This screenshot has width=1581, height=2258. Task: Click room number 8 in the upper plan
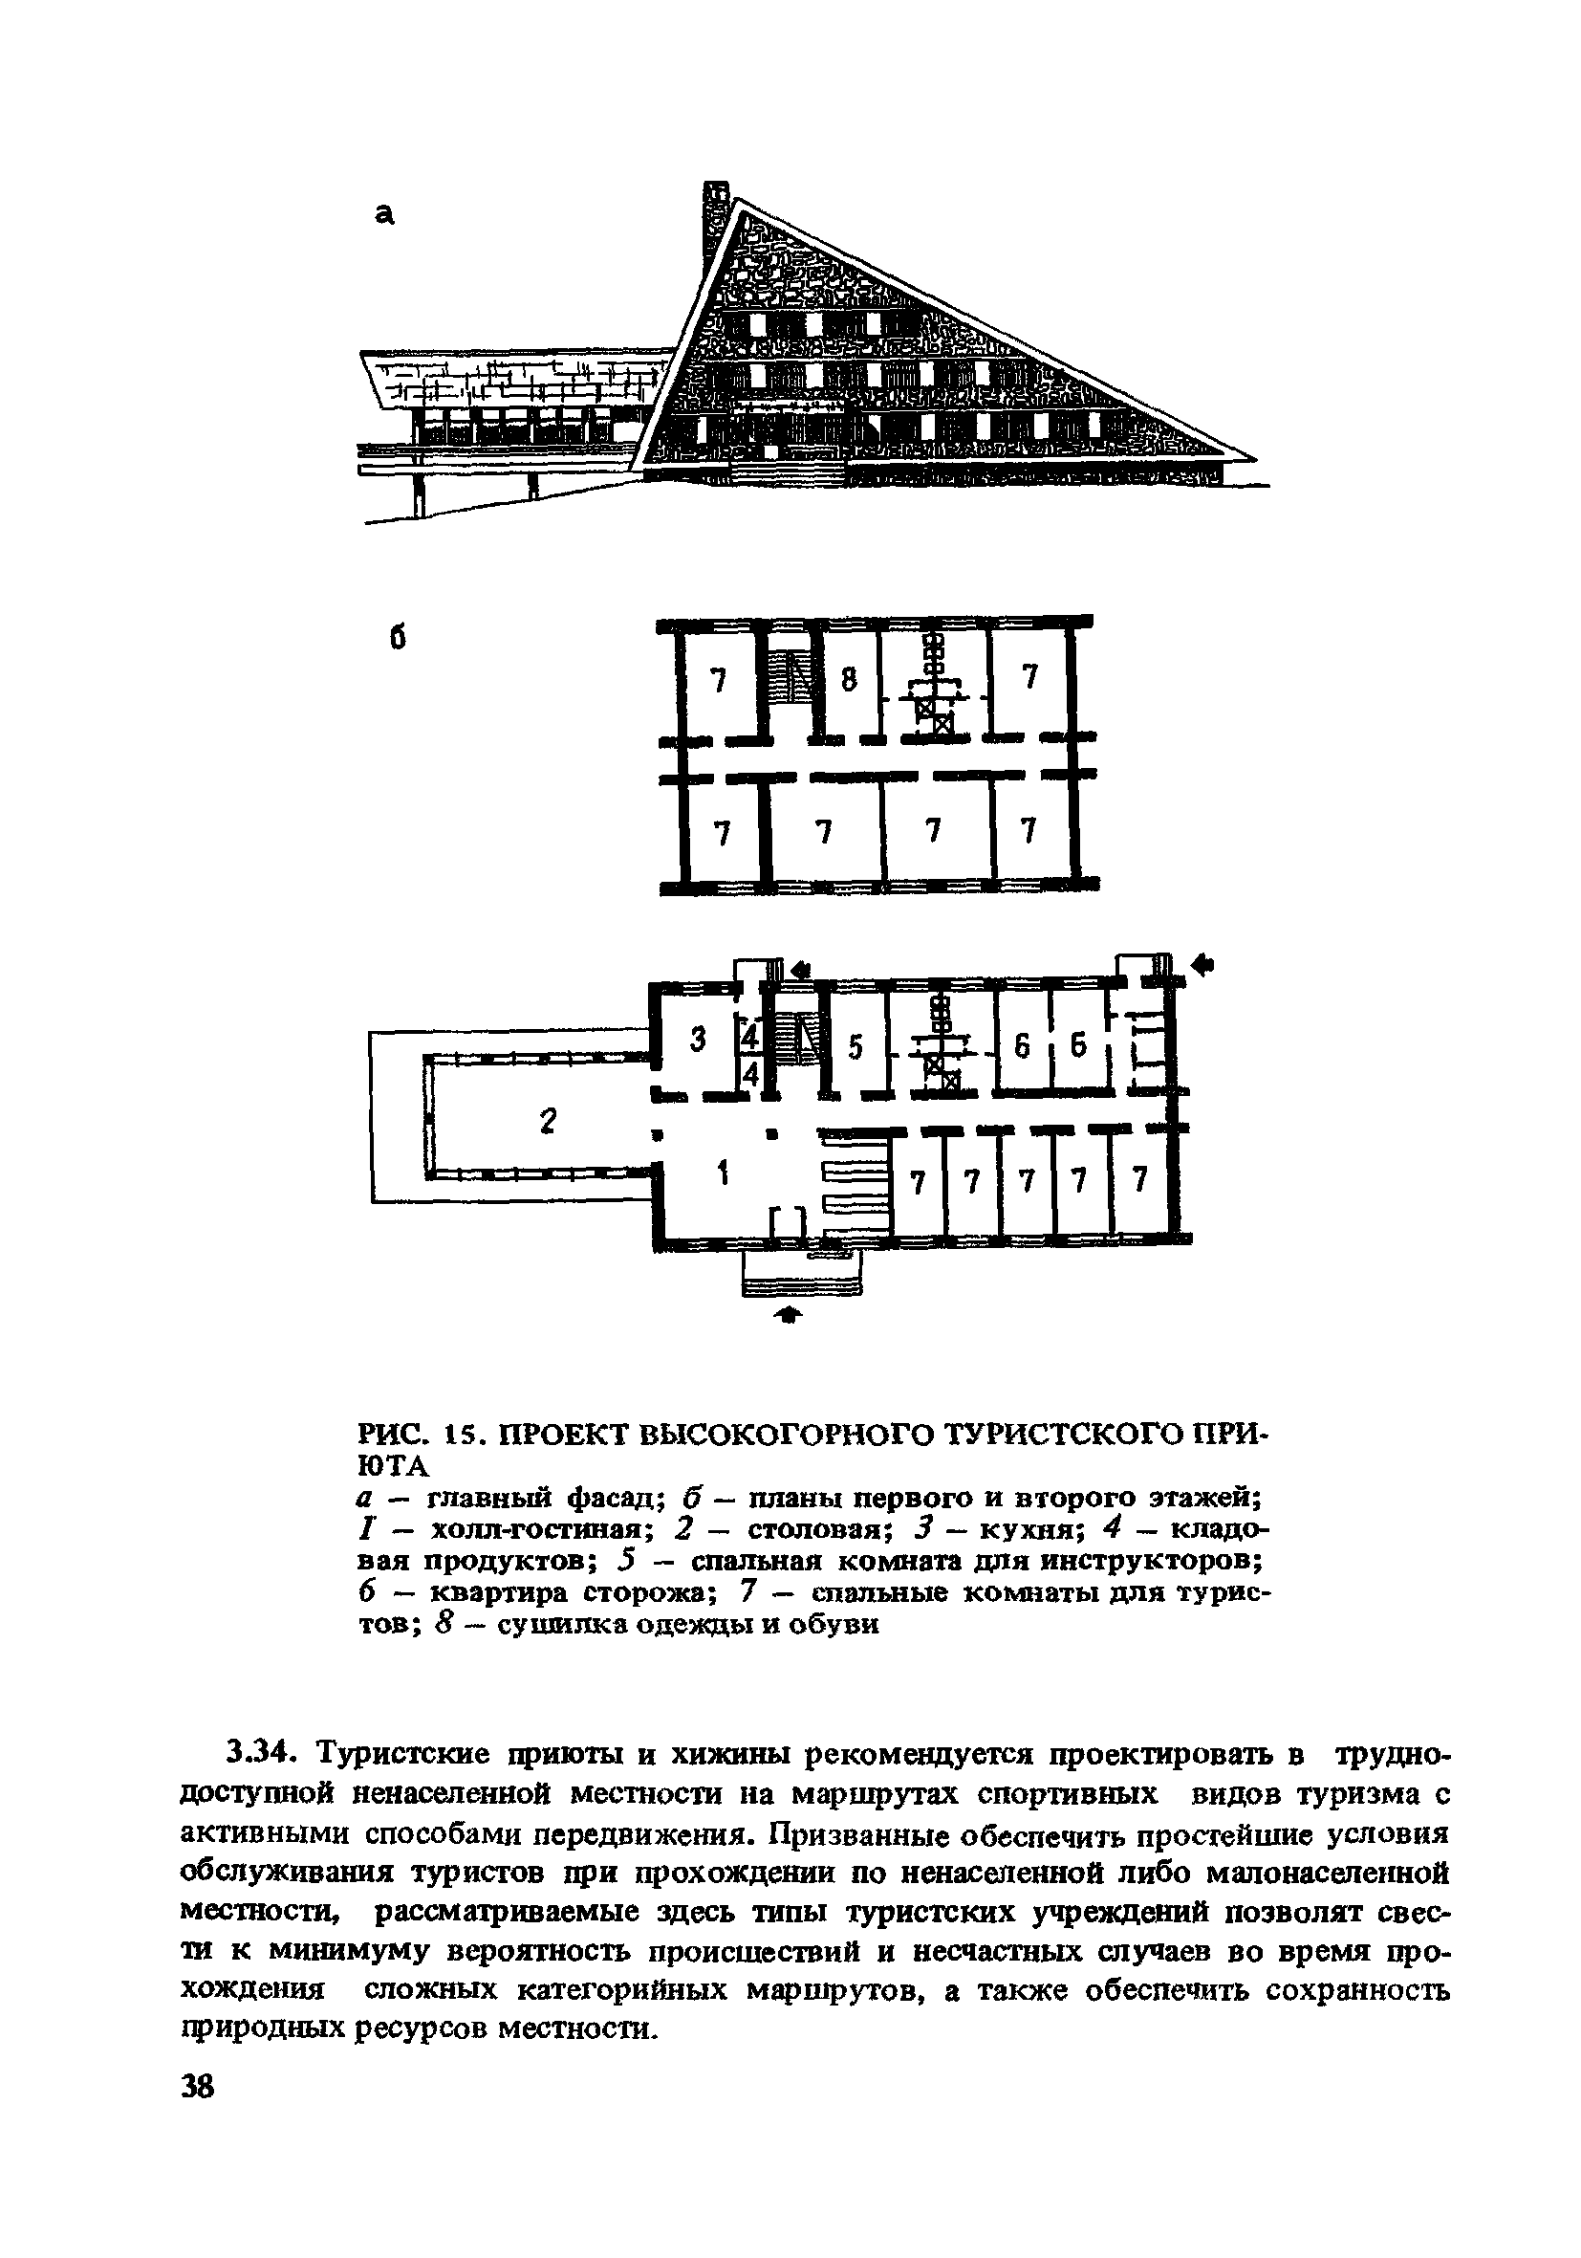[850, 680]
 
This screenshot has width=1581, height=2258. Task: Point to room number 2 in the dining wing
[549, 1120]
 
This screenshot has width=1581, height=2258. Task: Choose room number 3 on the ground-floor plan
[698, 1040]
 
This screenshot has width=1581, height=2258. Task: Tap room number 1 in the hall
[724, 1173]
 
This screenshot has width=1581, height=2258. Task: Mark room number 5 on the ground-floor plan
[855, 1048]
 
